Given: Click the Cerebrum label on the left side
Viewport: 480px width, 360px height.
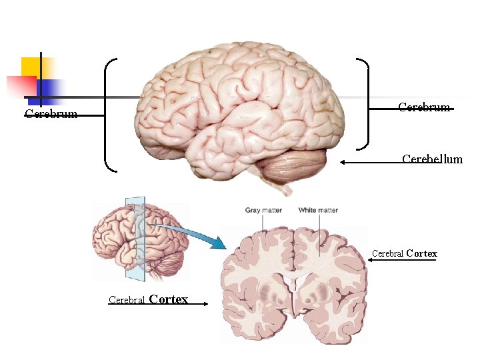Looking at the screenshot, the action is (51, 114).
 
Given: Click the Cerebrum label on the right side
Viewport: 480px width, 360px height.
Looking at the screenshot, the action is (424, 107).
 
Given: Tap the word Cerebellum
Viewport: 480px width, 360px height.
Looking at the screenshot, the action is (432, 159).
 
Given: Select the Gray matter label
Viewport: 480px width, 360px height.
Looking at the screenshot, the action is (263, 210).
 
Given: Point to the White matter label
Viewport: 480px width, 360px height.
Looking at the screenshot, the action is (318, 210).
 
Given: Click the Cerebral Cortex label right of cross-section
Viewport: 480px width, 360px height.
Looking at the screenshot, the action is (404, 253).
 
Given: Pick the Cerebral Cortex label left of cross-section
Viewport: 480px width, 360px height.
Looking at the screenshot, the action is (148, 299).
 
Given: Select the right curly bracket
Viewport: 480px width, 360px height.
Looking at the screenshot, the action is (363, 103).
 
